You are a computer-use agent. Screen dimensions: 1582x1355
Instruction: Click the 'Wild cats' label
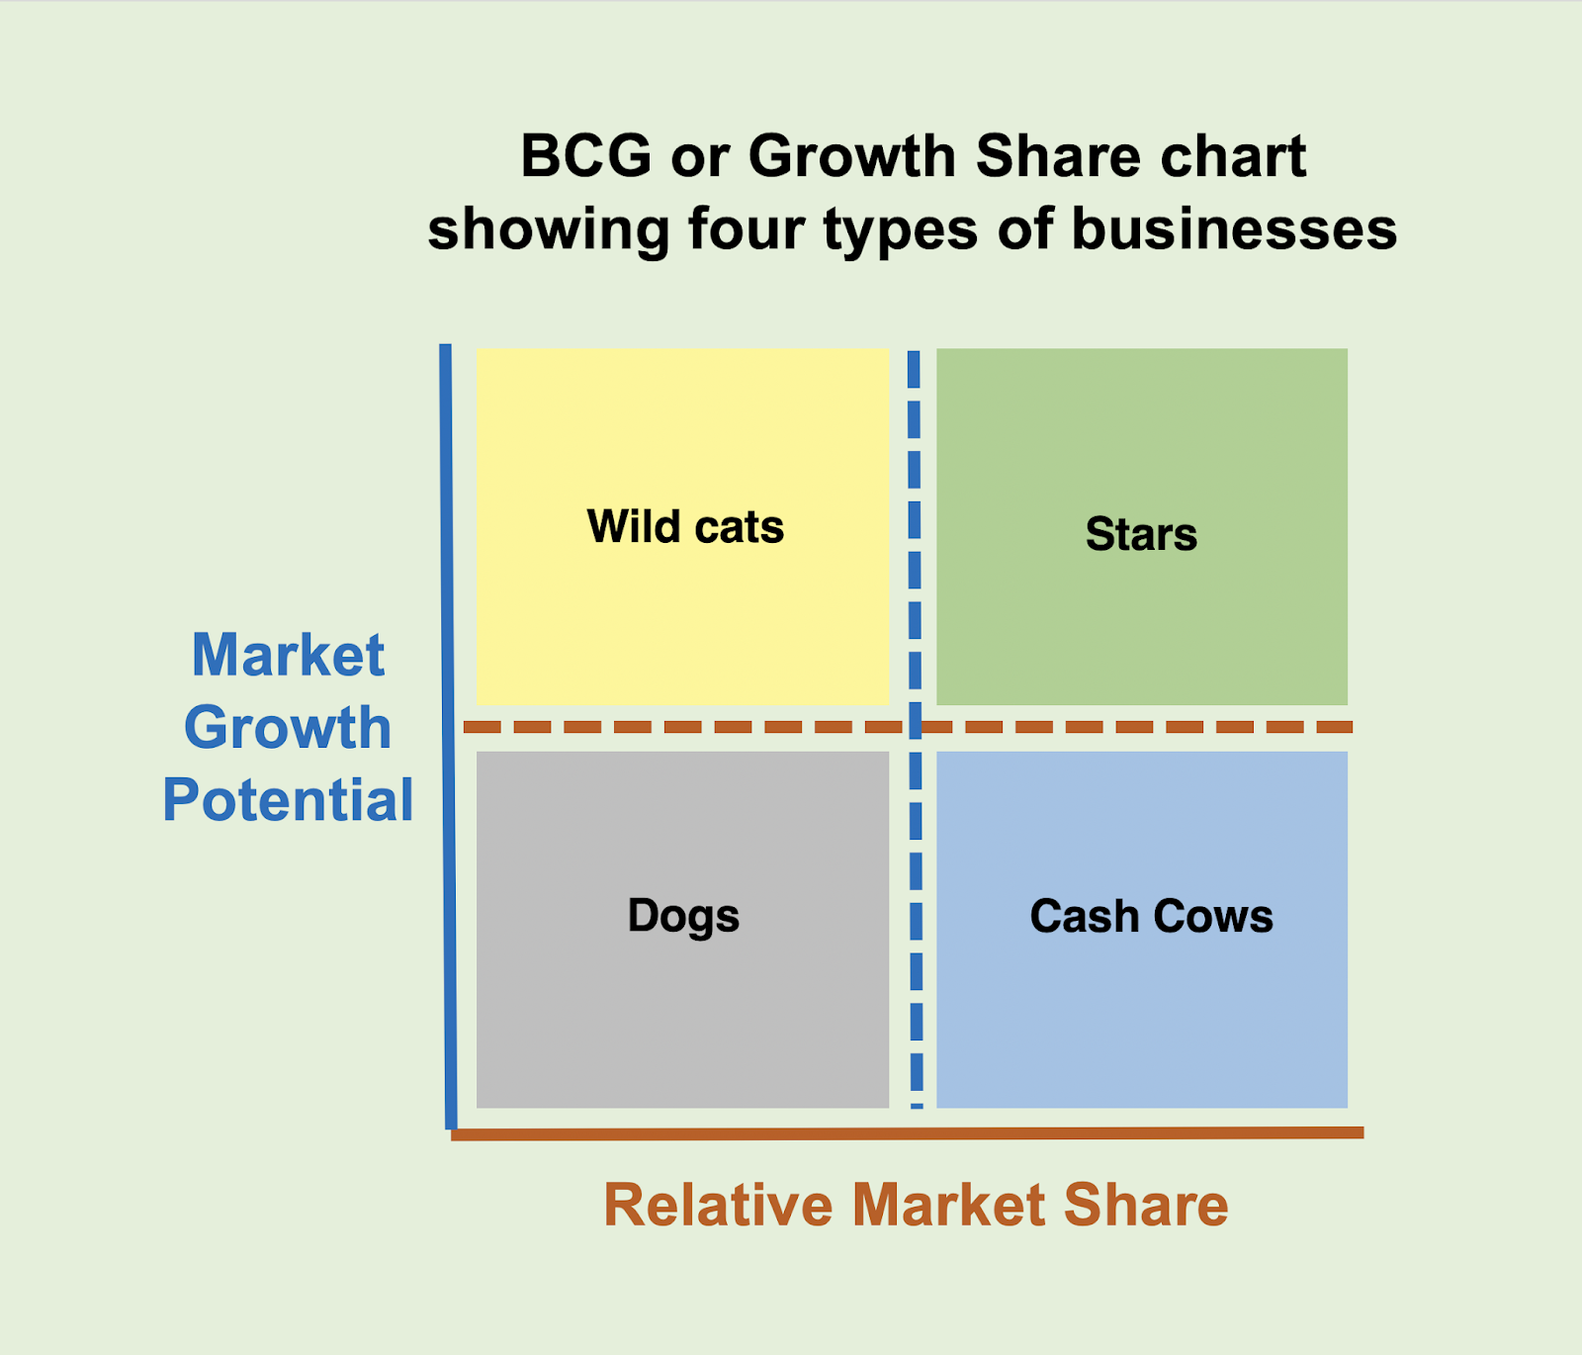tap(685, 526)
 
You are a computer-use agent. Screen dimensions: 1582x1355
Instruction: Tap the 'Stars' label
tap(1141, 534)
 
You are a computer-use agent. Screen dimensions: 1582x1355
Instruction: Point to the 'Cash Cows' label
tap(1152, 916)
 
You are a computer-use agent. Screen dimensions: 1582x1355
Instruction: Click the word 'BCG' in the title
tap(586, 156)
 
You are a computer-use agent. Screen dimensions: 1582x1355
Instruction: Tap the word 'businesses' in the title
tap(1234, 229)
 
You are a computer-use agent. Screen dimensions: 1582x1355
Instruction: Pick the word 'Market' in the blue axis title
tap(288, 655)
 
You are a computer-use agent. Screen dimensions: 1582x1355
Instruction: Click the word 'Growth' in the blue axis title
tap(288, 727)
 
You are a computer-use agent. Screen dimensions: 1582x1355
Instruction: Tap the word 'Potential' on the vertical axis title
tap(288, 799)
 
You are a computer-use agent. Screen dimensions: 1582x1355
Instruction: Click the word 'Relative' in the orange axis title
tap(718, 1205)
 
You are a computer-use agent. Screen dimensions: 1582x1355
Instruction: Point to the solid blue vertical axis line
tap(449, 737)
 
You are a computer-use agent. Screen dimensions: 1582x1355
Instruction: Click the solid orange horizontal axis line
tap(908, 1133)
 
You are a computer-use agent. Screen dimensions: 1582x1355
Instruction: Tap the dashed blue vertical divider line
tap(915, 729)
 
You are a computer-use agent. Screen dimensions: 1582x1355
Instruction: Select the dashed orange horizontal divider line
tap(908, 727)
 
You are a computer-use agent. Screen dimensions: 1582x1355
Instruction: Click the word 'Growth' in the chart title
tap(853, 156)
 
